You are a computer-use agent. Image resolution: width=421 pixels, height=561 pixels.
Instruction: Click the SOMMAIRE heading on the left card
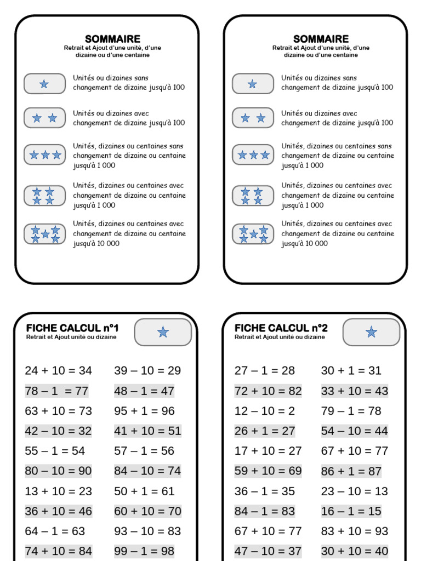pos(112,39)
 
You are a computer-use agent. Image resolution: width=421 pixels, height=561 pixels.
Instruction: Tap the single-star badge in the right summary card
pos(253,84)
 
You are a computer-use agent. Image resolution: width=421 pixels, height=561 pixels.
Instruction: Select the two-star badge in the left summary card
pos(44,118)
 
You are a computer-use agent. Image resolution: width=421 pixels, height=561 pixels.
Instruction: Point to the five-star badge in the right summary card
pos(253,234)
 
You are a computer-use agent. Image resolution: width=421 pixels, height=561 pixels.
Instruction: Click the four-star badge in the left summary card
pos(44,196)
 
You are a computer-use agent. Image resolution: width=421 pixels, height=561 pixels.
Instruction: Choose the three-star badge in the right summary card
pos(253,155)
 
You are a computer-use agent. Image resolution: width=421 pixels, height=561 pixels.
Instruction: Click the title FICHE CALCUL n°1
pos(72,328)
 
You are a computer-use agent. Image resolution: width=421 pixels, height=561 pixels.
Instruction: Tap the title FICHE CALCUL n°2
pos(281,328)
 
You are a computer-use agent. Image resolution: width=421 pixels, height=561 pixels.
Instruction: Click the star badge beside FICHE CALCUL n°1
pos(163,332)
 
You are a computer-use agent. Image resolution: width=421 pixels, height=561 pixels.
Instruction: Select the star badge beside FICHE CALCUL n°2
pos(371,332)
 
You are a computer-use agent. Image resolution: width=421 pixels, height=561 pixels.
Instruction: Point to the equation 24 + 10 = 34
pos(59,370)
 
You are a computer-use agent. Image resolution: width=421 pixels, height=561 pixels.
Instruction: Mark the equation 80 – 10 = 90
pos(59,471)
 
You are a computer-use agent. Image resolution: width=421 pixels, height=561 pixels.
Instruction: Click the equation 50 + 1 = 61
pos(144,491)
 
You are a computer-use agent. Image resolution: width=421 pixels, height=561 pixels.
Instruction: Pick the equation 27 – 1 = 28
pos(265,370)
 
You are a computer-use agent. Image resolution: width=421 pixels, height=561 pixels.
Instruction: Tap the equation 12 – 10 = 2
pos(265,411)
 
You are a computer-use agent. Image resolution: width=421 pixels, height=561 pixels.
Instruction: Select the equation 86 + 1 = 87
pos(351,471)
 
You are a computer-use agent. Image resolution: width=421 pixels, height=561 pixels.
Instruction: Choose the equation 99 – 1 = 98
pos(144,551)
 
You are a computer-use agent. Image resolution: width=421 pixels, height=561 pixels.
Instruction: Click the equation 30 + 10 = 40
pos(355,551)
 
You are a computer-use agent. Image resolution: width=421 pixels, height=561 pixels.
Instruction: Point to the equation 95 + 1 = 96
pos(144,411)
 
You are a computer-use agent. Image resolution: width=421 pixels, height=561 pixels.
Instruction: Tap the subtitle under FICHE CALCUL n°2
pos(280,337)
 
